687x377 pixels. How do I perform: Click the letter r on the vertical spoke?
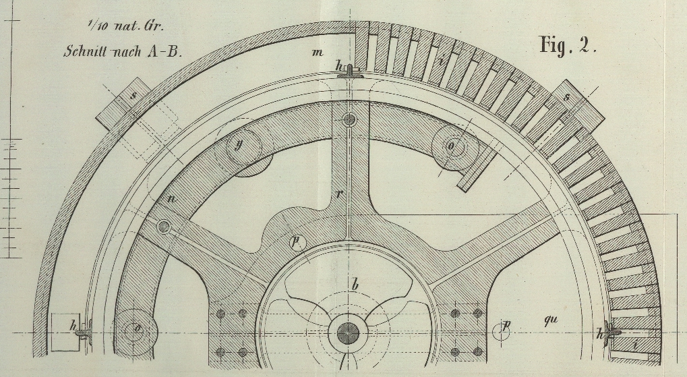coord(340,194)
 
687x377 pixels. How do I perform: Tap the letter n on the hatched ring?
coord(173,198)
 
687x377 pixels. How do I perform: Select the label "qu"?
coord(551,321)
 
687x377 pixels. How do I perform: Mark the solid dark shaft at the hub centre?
coord(348,332)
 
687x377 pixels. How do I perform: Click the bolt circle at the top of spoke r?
coord(349,120)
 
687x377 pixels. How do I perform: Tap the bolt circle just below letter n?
coord(164,227)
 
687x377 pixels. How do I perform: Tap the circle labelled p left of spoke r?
coord(295,241)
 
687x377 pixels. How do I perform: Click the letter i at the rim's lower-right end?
coord(636,346)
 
